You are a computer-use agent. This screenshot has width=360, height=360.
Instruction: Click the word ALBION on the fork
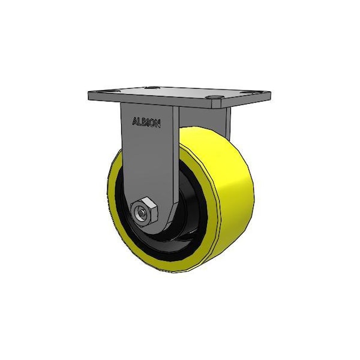tap(146, 122)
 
